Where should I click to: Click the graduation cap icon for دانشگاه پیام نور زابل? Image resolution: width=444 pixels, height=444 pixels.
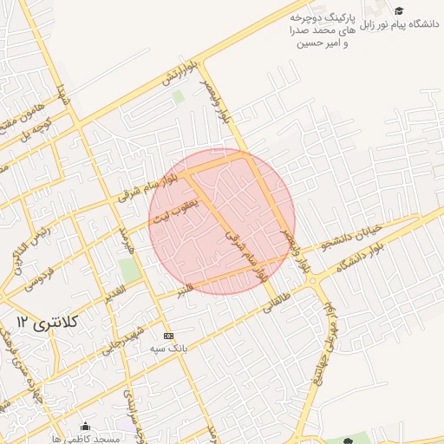399,10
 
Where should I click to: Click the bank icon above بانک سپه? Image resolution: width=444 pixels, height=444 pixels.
168,336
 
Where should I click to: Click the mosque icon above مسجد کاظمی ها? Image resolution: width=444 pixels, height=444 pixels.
85,426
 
